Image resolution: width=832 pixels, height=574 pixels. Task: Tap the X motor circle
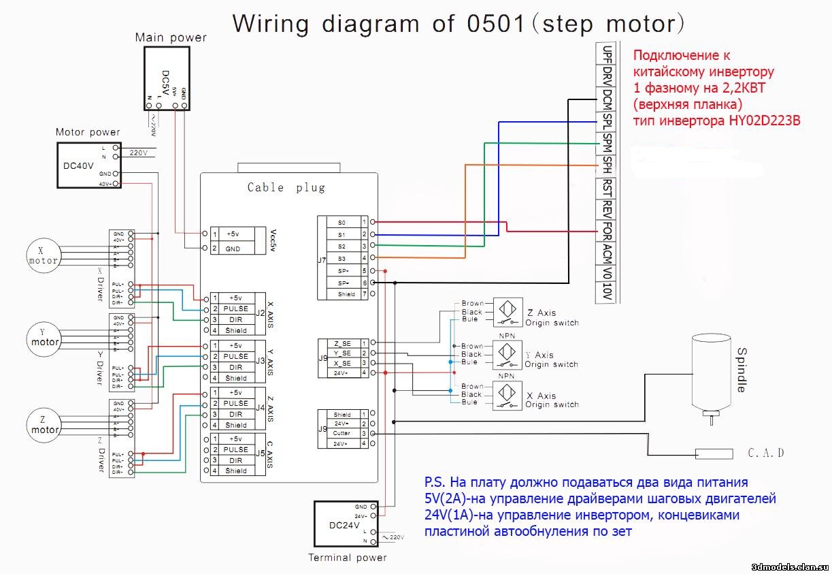coord(43,255)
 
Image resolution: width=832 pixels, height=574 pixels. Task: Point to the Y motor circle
coord(45,336)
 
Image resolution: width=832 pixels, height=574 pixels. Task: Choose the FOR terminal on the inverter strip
coord(606,231)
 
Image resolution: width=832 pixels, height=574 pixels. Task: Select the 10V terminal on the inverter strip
coord(606,291)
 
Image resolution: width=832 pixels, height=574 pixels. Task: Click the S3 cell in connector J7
coord(342,258)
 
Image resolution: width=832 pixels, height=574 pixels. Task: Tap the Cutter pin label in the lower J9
coord(342,434)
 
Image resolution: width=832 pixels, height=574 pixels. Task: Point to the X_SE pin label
coord(342,363)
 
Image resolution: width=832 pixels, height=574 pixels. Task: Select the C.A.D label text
coord(766,453)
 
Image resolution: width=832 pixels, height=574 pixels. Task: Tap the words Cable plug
coord(286,187)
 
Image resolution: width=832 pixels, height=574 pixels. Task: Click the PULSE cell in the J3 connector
coord(236,356)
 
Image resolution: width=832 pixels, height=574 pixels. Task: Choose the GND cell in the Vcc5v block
coord(233,249)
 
